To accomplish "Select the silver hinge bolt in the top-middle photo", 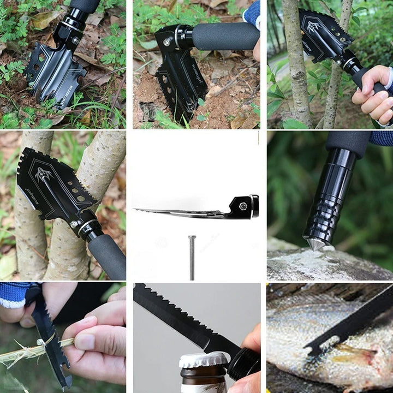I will [x=165, y=42].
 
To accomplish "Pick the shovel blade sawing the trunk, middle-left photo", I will [x=52, y=186].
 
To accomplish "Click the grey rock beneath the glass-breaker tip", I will [x=327, y=265].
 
